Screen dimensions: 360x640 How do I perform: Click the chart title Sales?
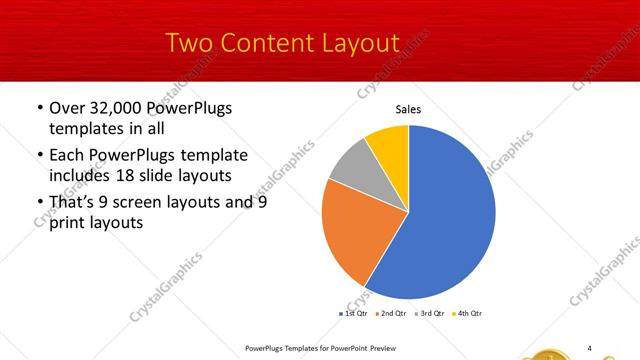pyautogui.click(x=408, y=110)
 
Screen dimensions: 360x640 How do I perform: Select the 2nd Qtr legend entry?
pyautogui.click(x=390, y=314)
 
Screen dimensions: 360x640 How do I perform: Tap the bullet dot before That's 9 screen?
pyautogui.click(x=38, y=203)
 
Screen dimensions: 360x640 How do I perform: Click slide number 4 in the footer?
pyautogui.click(x=590, y=347)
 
